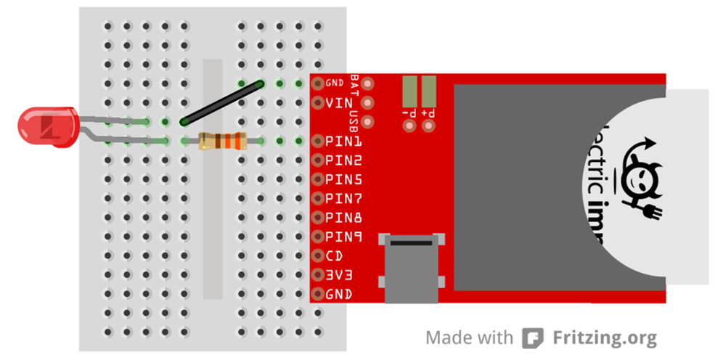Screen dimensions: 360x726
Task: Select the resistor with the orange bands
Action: (222, 141)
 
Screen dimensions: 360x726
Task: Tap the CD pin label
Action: (334, 255)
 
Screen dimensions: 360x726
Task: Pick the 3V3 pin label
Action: (338, 275)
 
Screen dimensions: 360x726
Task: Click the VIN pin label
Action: (338, 103)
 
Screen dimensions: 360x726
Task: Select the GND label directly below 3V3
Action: (338, 294)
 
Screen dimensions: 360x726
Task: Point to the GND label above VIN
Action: (335, 83)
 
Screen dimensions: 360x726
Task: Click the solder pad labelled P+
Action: (428, 92)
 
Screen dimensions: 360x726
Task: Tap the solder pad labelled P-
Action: (409, 92)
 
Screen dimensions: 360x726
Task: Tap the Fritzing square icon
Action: (533, 338)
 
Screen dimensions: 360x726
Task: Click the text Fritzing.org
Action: (605, 338)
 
